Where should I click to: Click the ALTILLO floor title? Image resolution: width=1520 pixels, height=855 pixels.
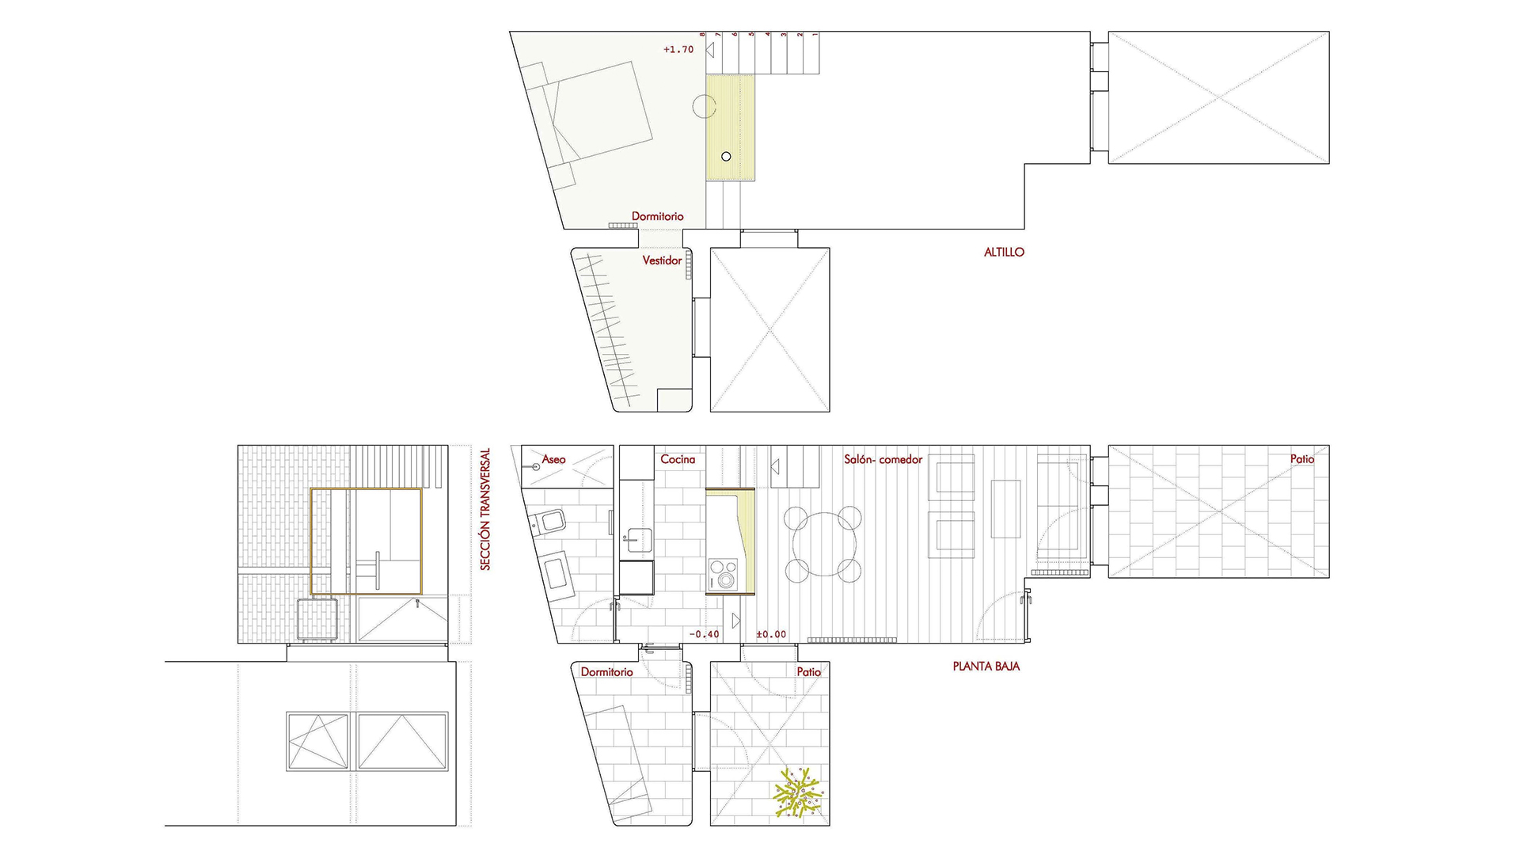(x=1004, y=253)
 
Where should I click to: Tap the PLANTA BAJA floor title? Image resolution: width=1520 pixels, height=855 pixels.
(x=986, y=667)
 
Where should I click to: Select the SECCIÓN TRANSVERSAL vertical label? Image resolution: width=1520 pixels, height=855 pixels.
(x=485, y=509)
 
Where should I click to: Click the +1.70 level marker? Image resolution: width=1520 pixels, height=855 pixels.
(x=678, y=49)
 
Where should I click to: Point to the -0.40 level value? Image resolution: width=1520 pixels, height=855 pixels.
(x=704, y=634)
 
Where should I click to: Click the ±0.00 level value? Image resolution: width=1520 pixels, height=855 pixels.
(x=771, y=634)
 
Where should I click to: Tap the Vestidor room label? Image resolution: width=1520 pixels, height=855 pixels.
(x=662, y=260)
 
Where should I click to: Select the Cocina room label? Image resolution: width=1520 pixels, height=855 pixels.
(x=678, y=459)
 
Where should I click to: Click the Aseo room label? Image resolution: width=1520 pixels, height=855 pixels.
(x=553, y=459)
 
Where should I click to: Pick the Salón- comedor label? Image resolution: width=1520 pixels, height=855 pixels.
(x=883, y=459)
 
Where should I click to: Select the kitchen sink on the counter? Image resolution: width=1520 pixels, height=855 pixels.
(x=636, y=541)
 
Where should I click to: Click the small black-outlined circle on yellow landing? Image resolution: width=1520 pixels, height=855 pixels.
(x=726, y=157)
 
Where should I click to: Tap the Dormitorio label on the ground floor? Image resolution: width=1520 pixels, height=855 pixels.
(x=606, y=672)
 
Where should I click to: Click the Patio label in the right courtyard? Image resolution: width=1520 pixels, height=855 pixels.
(x=1301, y=459)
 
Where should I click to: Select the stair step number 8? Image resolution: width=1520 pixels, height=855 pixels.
(x=702, y=35)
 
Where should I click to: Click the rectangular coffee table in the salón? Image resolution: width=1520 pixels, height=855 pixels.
(x=1005, y=509)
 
